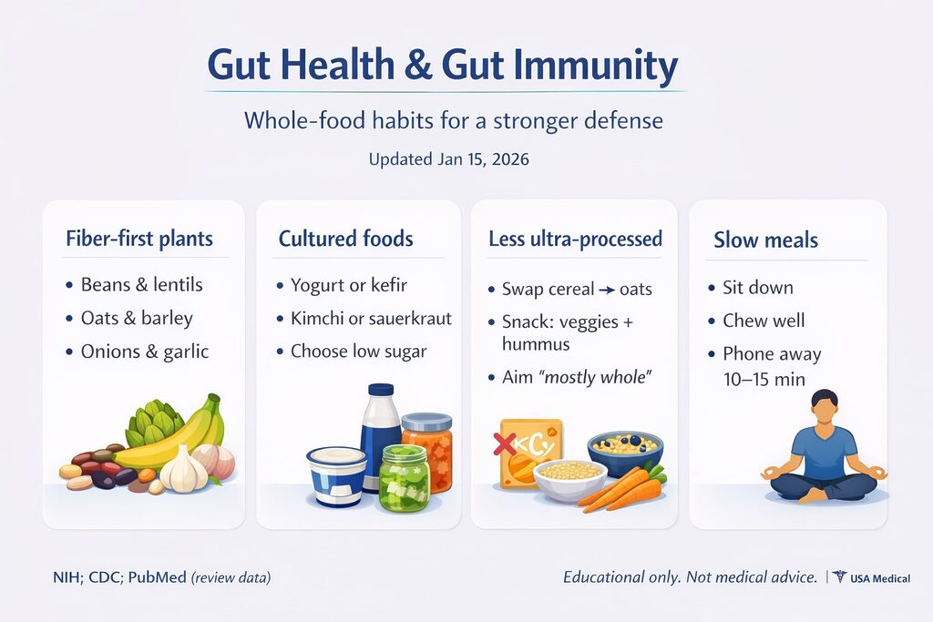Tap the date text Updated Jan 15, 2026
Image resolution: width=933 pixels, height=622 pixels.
tap(448, 159)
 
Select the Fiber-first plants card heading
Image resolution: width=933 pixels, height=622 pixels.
tap(139, 239)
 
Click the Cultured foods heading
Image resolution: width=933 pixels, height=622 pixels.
tap(345, 239)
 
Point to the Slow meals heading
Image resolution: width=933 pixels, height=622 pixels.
tap(765, 240)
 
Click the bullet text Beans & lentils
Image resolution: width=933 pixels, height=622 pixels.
tap(141, 284)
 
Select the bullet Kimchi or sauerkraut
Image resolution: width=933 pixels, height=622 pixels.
tap(372, 318)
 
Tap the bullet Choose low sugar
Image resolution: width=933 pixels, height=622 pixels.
tap(359, 352)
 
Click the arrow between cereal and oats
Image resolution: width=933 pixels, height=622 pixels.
tap(607, 291)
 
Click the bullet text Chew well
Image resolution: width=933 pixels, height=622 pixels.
tap(764, 321)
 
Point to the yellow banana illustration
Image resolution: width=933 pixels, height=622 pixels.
tap(169, 434)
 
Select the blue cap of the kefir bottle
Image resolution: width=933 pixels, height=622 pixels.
tap(381, 390)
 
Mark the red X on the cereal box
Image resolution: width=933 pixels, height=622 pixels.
tap(505, 444)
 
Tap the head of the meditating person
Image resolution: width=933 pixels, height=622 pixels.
tap(825, 407)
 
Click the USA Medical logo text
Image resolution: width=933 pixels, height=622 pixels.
tap(880, 578)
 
